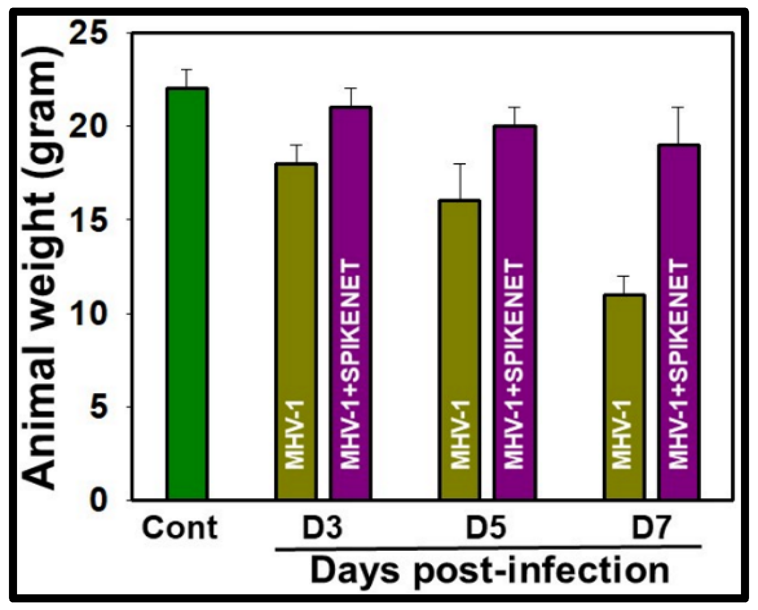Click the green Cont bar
pos(186,294)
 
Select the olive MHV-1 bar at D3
pos(296,332)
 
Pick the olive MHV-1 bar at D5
pos(460,350)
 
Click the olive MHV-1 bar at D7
pos(624,397)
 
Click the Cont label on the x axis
pos(180,528)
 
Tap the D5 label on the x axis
pos(486,528)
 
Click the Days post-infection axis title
pos(489,570)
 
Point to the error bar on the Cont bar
pos(186,78)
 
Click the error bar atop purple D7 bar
pos(679,125)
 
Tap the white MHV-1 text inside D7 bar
pos(622,435)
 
